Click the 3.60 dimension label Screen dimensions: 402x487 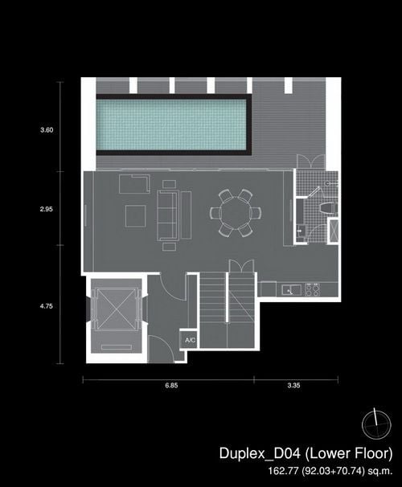coord(47,130)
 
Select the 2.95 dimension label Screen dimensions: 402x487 coord(47,209)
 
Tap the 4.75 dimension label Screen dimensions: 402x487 coord(47,306)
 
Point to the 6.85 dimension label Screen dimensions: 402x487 coord(171,385)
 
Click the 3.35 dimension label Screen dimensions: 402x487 coord(294,385)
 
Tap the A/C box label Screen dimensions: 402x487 coord(190,340)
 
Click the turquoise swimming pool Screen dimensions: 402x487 coord(171,125)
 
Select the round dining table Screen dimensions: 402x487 coord(236,214)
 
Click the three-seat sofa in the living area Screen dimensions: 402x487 coord(168,215)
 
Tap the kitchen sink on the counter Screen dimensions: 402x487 coord(291,290)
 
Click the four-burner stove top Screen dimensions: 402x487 coord(313,289)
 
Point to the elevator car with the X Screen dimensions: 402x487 coord(117,309)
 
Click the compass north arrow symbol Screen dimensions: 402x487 coord(376,424)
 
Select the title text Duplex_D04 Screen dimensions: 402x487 coord(260,453)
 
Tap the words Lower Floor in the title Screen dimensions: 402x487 coord(349,453)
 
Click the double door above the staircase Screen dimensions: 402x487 coord(241,266)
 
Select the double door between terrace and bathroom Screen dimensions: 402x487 coord(310,162)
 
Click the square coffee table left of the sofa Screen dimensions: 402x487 coord(135,216)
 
